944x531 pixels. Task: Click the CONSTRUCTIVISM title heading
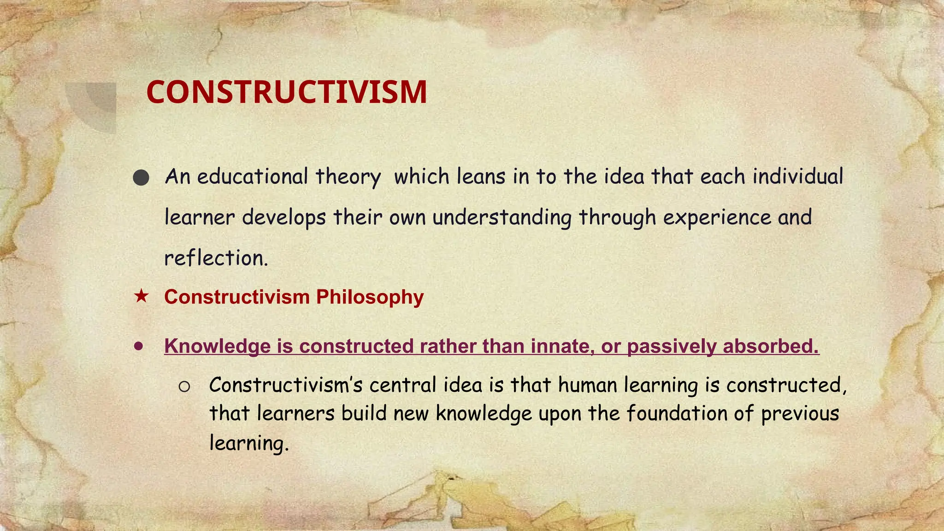tap(287, 92)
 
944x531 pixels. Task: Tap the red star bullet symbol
tap(141, 296)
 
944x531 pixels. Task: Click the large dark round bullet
tap(141, 178)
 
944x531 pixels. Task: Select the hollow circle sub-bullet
tap(184, 387)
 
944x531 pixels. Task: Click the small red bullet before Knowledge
tap(139, 346)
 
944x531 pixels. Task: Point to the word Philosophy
tap(370, 297)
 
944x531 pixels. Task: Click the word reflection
tap(216, 258)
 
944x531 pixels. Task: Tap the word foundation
tap(677, 413)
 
